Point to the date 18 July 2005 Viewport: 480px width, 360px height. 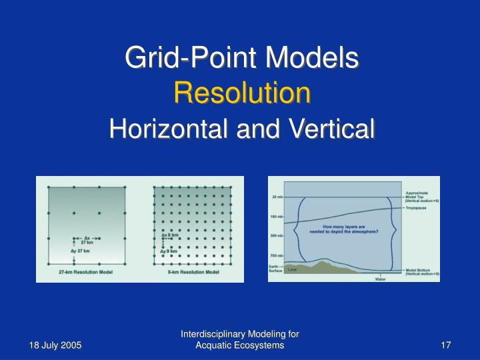pyautogui.click(x=55, y=345)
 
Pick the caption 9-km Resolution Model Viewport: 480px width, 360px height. pyautogui.click(x=195, y=273)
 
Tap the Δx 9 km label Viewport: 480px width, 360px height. pyautogui.click(x=170, y=235)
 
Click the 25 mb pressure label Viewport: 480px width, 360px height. pyautogui.click(x=277, y=197)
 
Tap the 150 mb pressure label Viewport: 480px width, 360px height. pyautogui.click(x=277, y=217)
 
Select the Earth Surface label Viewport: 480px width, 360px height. pyautogui.click(x=276, y=268)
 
